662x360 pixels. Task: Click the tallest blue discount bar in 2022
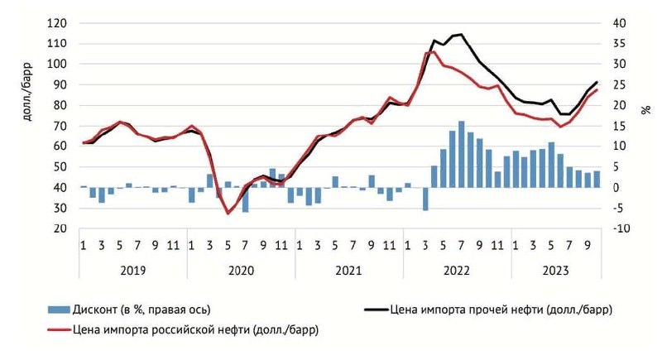click(x=462, y=155)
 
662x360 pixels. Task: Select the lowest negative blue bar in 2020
click(x=246, y=199)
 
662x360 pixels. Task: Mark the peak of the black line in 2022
click(x=461, y=35)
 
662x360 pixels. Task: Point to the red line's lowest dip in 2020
click(x=228, y=214)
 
